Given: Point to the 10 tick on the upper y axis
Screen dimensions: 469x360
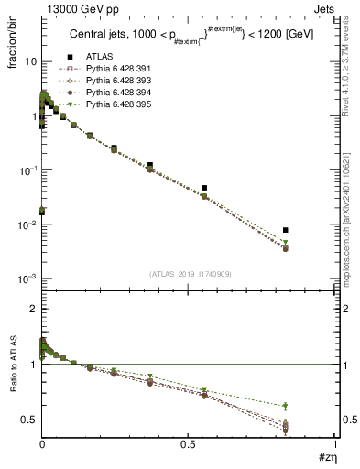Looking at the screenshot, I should tap(29, 61).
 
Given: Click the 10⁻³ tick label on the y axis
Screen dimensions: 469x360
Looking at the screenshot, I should tap(27, 278).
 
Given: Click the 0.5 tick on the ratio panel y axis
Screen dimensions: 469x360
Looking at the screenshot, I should tap(29, 420).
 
